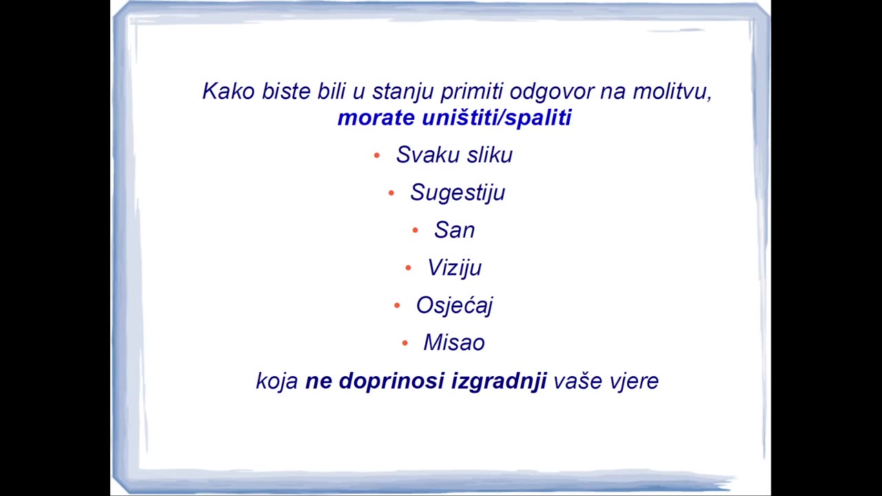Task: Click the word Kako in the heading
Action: (228, 91)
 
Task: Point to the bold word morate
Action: (376, 118)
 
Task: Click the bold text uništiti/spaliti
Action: (497, 118)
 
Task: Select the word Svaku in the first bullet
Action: (428, 154)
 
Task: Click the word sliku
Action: (490, 154)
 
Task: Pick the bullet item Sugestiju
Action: (458, 193)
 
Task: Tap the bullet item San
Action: (454, 230)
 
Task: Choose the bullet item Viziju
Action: (454, 269)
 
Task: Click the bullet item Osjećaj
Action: (454, 306)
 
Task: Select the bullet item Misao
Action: (454, 342)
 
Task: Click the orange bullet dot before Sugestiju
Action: (391, 193)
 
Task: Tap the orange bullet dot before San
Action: (415, 230)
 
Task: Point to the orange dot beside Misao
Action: (404, 343)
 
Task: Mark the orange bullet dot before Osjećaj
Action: (397, 305)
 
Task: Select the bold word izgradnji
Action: (499, 382)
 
